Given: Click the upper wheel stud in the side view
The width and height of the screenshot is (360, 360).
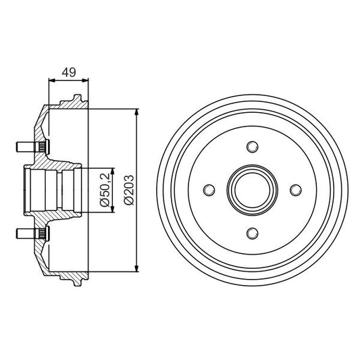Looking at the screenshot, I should pyautogui.click(x=24, y=146).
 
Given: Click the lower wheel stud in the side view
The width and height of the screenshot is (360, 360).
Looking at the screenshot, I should pyautogui.click(x=24, y=234).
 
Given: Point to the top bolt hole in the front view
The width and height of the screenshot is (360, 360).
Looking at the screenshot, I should pyautogui.click(x=253, y=147).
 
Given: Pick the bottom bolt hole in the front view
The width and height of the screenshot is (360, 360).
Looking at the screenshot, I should pyautogui.click(x=253, y=233).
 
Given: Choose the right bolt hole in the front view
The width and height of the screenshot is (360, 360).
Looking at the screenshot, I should pyautogui.click(x=296, y=190).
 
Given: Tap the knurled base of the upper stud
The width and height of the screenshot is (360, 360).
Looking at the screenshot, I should pyautogui.click(x=42, y=146).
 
